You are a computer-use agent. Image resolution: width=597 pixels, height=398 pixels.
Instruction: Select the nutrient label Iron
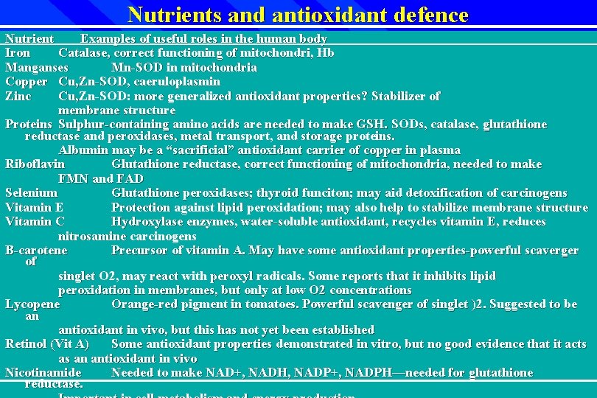18,53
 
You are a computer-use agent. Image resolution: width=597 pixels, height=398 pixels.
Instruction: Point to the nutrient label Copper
26,82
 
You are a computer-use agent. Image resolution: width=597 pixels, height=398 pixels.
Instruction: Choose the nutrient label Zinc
18,96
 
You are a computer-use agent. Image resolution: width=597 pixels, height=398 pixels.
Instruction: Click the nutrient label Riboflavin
35,164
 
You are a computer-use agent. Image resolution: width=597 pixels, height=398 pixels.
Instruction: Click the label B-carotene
36,251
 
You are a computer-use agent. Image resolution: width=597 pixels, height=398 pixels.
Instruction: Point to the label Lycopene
32,304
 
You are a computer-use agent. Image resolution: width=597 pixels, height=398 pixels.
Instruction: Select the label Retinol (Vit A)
47,344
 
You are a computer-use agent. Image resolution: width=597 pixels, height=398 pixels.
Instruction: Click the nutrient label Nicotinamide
43,373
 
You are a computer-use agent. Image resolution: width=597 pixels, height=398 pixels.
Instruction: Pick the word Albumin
81,150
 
